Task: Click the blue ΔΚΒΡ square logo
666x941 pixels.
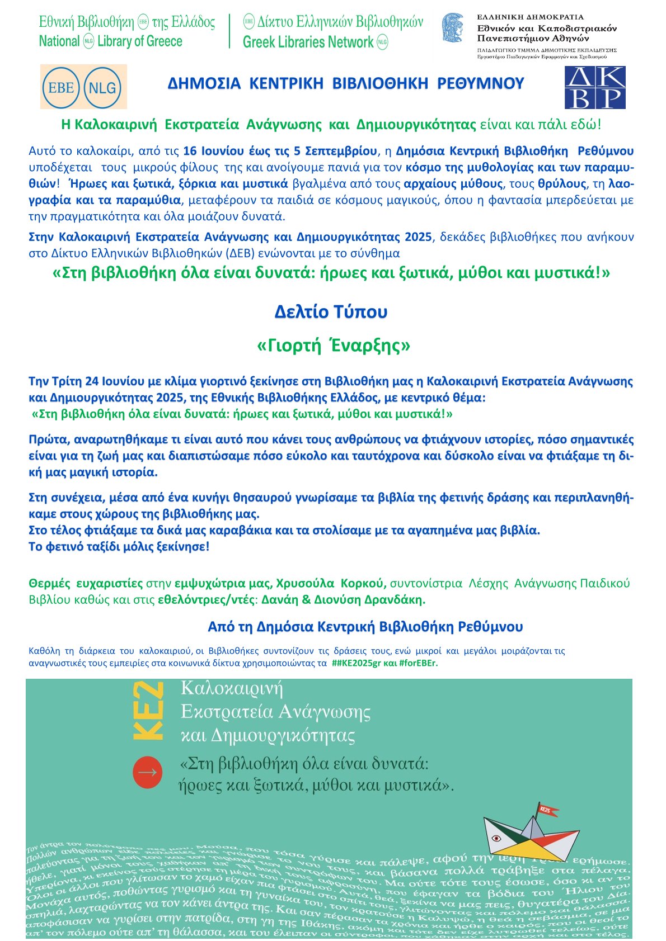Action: [x=594, y=87]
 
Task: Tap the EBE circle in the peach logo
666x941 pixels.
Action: [x=61, y=87]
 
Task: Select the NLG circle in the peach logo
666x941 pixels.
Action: [x=102, y=87]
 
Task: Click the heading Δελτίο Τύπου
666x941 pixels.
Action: [x=331, y=312]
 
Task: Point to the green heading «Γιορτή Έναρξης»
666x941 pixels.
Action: [x=334, y=346]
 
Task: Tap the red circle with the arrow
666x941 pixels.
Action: [x=147, y=773]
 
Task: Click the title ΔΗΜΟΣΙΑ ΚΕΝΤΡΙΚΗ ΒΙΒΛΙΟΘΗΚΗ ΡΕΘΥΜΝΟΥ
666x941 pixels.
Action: [x=346, y=84]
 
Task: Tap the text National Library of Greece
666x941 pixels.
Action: [x=111, y=41]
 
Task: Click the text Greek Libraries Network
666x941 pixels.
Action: [x=308, y=42]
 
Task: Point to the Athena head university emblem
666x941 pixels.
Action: [x=453, y=29]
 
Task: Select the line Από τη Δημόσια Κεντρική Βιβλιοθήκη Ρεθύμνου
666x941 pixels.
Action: [x=365, y=627]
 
